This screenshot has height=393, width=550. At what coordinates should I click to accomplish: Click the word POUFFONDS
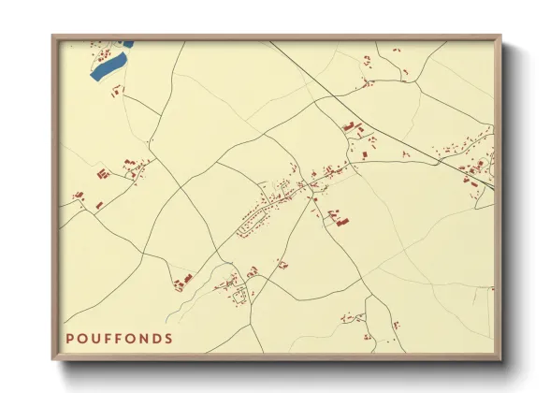coord(119,338)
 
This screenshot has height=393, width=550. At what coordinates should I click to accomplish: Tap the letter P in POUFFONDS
coord(70,338)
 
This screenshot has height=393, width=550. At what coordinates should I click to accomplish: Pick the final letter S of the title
coord(168,338)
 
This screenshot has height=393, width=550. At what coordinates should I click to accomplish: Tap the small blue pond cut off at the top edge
coord(126,43)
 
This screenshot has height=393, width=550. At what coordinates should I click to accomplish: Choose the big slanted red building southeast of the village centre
coord(340,221)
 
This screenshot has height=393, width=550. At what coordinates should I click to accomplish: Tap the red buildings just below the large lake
coord(118,91)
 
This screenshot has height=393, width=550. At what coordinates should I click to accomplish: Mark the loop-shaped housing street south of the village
coord(240,298)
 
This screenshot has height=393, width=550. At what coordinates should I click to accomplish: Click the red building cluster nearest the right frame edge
coord(477,168)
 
